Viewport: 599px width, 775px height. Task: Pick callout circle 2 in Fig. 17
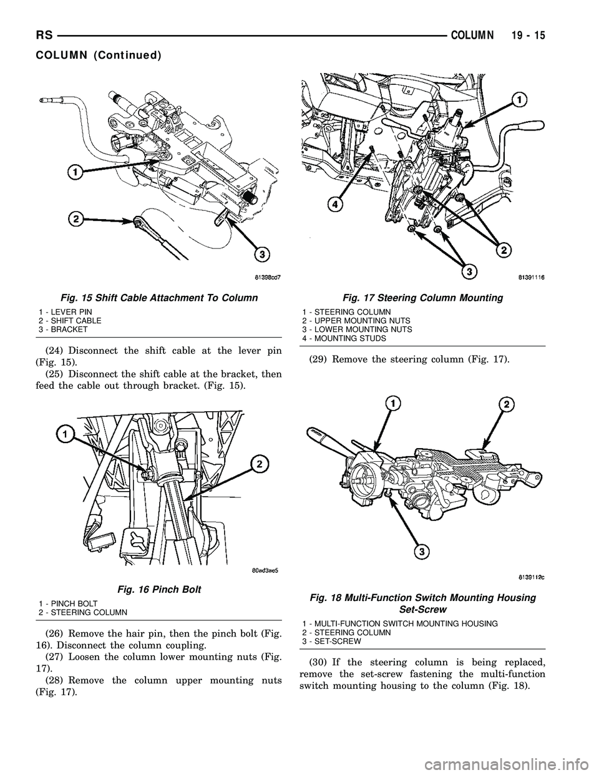tap(504, 250)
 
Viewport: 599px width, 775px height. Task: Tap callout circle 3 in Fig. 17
tap(470, 272)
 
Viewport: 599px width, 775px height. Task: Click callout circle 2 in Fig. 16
tap(259, 464)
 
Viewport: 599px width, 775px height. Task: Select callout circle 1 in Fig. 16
tap(64, 434)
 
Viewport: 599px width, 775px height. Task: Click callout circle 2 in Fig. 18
tap(507, 404)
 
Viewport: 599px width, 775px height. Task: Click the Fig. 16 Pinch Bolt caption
tap(159, 590)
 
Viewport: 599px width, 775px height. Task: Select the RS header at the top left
tap(44, 36)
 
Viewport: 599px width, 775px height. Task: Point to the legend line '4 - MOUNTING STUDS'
tap(344, 338)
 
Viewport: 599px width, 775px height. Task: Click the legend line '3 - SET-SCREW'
tap(331, 641)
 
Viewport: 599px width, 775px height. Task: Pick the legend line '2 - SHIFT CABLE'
tap(70, 321)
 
